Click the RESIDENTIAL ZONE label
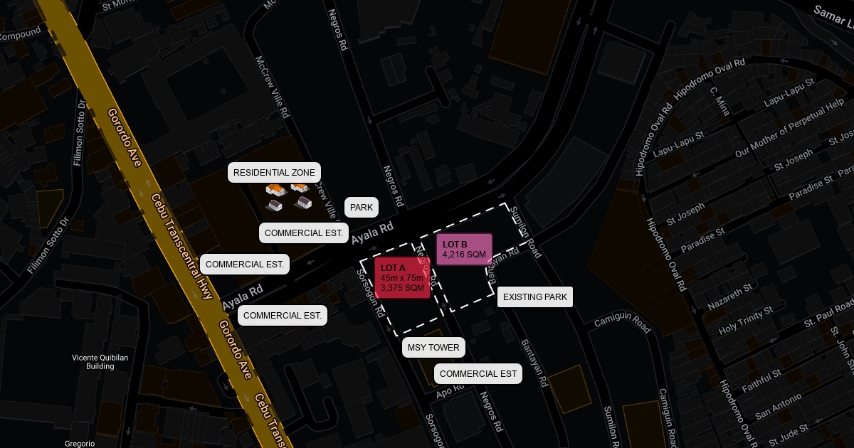pyautogui.click(x=274, y=173)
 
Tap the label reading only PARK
pyautogui.click(x=362, y=208)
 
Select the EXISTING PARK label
pyautogui.click(x=535, y=297)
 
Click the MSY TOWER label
pyautogui.click(x=434, y=348)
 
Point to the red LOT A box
pyautogui.click(x=402, y=277)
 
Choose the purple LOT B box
pyautogui.click(x=464, y=249)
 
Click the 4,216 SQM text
pyautogui.click(x=464, y=255)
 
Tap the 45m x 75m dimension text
pyautogui.click(x=402, y=278)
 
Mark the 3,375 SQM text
pyautogui.click(x=402, y=288)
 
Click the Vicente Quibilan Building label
pyautogui.click(x=100, y=362)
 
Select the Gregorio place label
pyautogui.click(x=80, y=443)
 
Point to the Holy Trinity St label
pyautogui.click(x=745, y=321)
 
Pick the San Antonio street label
pyautogui.click(x=779, y=405)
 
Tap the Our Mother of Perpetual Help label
pyautogui.click(x=789, y=130)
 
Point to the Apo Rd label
pyautogui.click(x=450, y=390)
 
